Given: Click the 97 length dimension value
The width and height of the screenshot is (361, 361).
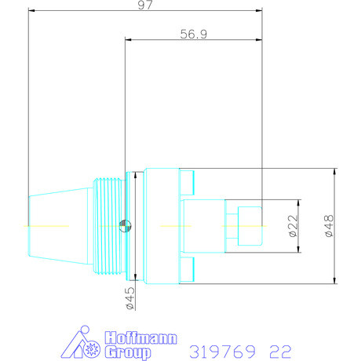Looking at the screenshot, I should pos(144,5).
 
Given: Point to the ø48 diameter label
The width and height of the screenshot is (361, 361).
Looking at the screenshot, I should pos(329,227).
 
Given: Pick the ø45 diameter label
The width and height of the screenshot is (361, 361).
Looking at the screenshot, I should pos(131,300).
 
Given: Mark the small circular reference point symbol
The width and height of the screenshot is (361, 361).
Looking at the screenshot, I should pos(123,227).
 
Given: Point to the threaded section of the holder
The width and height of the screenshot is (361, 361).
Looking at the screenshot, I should pos(108,227).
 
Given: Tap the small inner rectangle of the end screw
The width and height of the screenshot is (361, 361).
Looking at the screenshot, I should pos(249,227).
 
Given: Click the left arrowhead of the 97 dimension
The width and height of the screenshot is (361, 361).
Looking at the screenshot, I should pos(31,11).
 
